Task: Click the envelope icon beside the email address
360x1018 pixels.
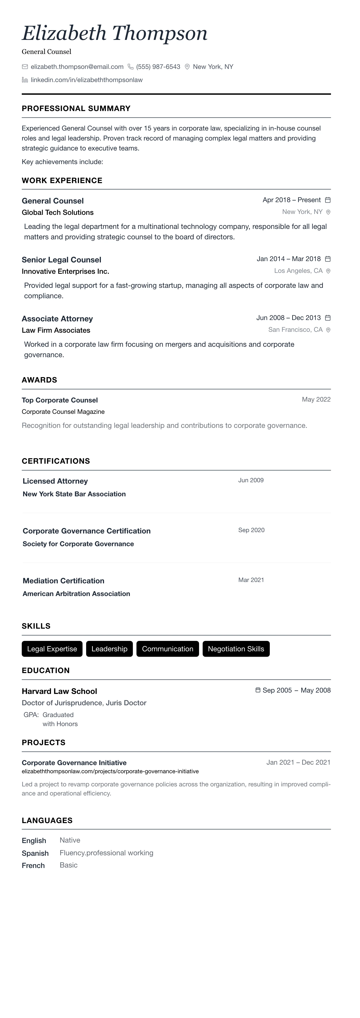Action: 25,67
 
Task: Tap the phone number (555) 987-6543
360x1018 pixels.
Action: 158,67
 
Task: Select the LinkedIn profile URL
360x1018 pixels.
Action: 87,80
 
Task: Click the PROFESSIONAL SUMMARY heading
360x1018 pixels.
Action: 76,108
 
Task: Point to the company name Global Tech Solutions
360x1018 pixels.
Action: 58,212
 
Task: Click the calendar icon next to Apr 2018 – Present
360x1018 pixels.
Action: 328,200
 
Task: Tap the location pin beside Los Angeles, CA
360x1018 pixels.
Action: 328,271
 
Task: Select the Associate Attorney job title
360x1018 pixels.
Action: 57,318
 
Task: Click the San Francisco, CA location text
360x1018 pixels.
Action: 295,330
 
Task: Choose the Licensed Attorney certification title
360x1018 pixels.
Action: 55,481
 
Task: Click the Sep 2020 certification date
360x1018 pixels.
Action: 251,530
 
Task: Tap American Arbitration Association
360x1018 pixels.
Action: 76,594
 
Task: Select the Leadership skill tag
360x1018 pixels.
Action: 109,649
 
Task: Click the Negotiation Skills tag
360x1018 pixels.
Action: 236,649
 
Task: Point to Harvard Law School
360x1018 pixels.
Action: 59,691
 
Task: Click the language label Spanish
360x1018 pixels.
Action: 35,853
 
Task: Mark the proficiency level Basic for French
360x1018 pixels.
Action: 68,865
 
